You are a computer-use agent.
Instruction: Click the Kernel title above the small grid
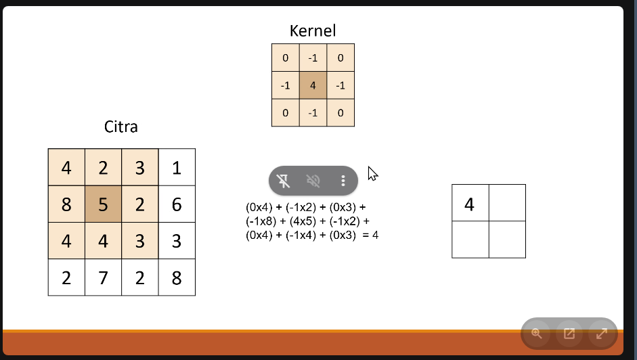313,31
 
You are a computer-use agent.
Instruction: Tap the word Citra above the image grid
121,127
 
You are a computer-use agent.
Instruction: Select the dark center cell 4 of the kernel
313,85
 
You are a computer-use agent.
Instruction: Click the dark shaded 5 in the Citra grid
103,204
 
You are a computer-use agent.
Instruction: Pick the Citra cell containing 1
177,167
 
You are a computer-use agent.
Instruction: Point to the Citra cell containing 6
177,204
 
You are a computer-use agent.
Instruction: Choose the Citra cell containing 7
103,277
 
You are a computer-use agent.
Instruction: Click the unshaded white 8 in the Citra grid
177,277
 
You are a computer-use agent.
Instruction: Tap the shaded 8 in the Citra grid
66,204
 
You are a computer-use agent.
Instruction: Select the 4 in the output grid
470,203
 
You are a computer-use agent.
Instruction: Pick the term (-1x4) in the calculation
301,235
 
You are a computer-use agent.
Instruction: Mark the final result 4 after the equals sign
376,235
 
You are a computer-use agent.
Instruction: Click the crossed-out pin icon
283,181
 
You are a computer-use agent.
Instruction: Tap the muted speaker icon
313,181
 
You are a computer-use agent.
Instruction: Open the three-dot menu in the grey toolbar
343,181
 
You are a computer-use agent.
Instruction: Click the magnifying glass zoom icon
537,334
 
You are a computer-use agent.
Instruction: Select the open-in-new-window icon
569,334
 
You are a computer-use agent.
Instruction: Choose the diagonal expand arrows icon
602,334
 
